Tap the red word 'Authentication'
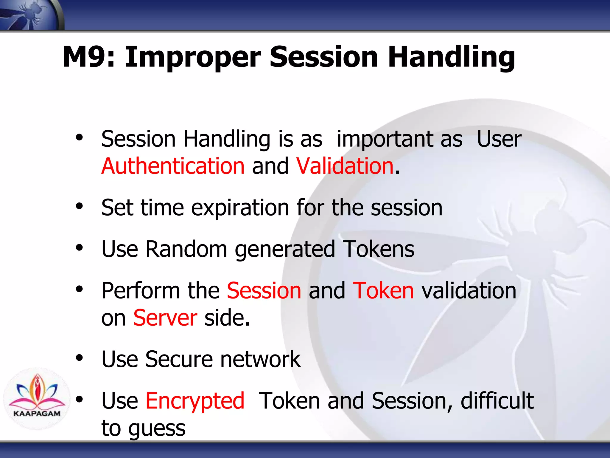(173, 166)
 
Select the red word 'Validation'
(345, 166)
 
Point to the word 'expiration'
(240, 208)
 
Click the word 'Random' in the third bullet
(186, 249)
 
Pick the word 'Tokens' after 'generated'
(378, 249)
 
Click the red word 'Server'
(165, 318)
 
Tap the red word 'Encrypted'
(195, 401)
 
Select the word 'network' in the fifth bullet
(260, 359)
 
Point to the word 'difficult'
(497, 401)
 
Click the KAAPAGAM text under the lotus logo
(37, 414)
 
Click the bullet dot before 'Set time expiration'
(79, 206)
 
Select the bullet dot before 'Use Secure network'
(79, 358)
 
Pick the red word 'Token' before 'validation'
(383, 291)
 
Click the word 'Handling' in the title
(451, 57)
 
